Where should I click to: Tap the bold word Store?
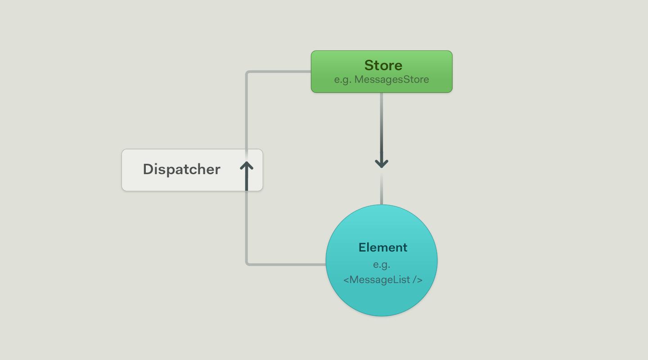pyautogui.click(x=383, y=66)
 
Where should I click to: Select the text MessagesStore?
pyautogui.click(x=391, y=80)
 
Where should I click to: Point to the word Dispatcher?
pyautogui.click(x=181, y=170)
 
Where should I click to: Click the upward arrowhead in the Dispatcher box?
pyautogui.click(x=247, y=166)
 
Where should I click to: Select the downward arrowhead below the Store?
pyautogui.click(x=382, y=163)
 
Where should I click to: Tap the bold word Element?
pyautogui.click(x=383, y=247)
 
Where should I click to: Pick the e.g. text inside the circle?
pyautogui.click(x=382, y=265)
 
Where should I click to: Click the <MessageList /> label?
pyautogui.click(x=382, y=280)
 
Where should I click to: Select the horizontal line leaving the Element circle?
pyautogui.click(x=288, y=264)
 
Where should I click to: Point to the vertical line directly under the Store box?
pyautogui.click(x=382, y=121)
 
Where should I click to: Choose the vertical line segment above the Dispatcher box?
pyautogui.click(x=247, y=112)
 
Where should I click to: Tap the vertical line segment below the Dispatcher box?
pyautogui.click(x=247, y=225)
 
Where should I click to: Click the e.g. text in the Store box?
pyautogui.click(x=343, y=80)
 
